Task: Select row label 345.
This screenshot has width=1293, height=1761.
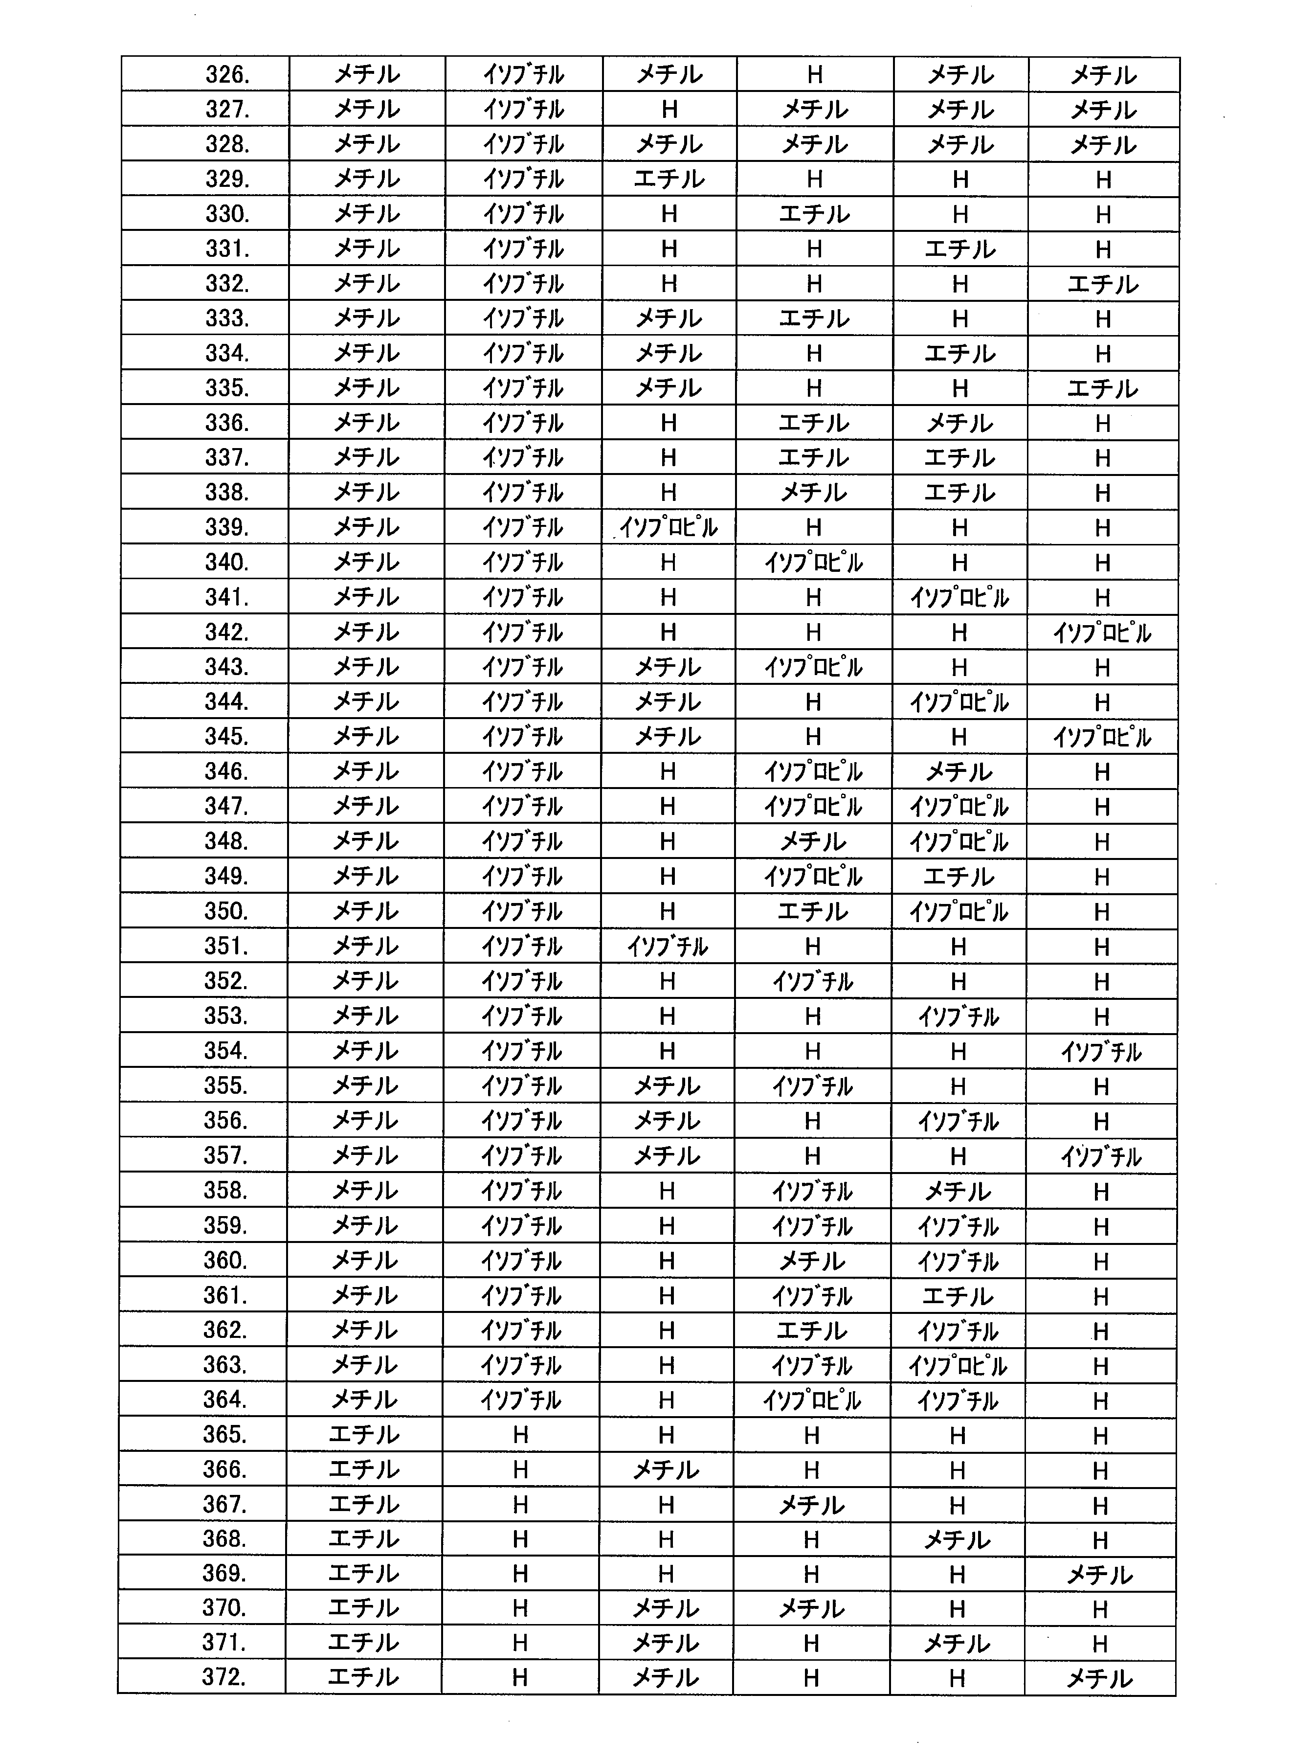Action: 226,737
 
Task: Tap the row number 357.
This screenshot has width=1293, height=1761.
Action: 225,1155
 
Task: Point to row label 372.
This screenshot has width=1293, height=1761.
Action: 224,1677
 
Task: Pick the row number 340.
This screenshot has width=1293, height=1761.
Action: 226,562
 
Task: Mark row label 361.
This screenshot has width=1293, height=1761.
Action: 225,1294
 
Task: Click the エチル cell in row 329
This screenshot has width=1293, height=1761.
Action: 669,179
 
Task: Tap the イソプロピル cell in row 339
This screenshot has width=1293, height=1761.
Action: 669,527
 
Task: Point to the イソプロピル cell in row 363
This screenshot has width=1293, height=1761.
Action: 957,1365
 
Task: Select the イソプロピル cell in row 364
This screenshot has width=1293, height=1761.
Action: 812,1400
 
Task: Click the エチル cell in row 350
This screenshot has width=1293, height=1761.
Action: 812,911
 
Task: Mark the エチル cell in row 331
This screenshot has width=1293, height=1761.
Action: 959,249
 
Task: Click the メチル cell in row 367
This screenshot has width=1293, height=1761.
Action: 812,1504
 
